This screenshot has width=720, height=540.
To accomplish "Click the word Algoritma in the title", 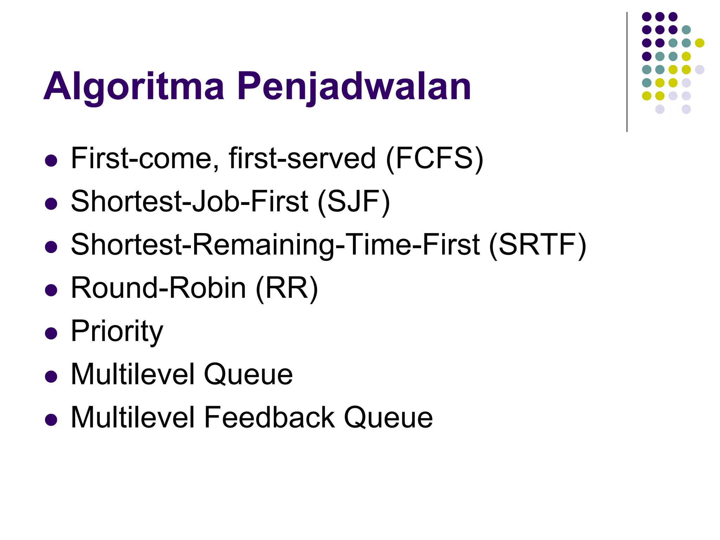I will pyautogui.click(x=134, y=86).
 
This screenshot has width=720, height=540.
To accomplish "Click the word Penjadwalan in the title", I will pyautogui.click(x=354, y=86).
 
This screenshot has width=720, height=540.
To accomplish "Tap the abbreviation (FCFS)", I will pyautogui.click(x=435, y=159).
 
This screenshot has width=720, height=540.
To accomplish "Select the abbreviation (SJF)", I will pyautogui.click(x=354, y=202).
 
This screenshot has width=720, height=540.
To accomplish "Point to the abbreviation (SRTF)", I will pyautogui.click(x=538, y=245).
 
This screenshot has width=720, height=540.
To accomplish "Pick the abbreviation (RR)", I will pyautogui.click(x=287, y=288).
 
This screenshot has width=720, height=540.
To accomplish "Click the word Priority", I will pyautogui.click(x=117, y=332).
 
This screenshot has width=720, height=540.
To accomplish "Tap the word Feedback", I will pyautogui.click(x=269, y=418).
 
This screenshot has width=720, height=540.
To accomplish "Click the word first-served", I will pyautogui.click(x=302, y=159).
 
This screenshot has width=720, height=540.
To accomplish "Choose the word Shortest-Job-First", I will pyautogui.click(x=190, y=202).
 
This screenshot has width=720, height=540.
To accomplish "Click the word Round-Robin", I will pyautogui.click(x=159, y=288).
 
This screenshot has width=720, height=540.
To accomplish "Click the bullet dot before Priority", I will pyautogui.click(x=51, y=334).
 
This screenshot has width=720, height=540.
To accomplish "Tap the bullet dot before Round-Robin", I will pyautogui.click(x=51, y=290).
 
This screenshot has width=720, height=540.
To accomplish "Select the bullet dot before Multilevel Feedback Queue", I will pyautogui.click(x=51, y=420).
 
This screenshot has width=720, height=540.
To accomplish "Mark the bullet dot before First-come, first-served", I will pyautogui.click(x=51, y=161).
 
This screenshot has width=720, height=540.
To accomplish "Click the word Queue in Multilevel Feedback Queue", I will pyautogui.click(x=388, y=418).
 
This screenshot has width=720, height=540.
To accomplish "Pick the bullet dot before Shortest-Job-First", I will pyautogui.click(x=51, y=204).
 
